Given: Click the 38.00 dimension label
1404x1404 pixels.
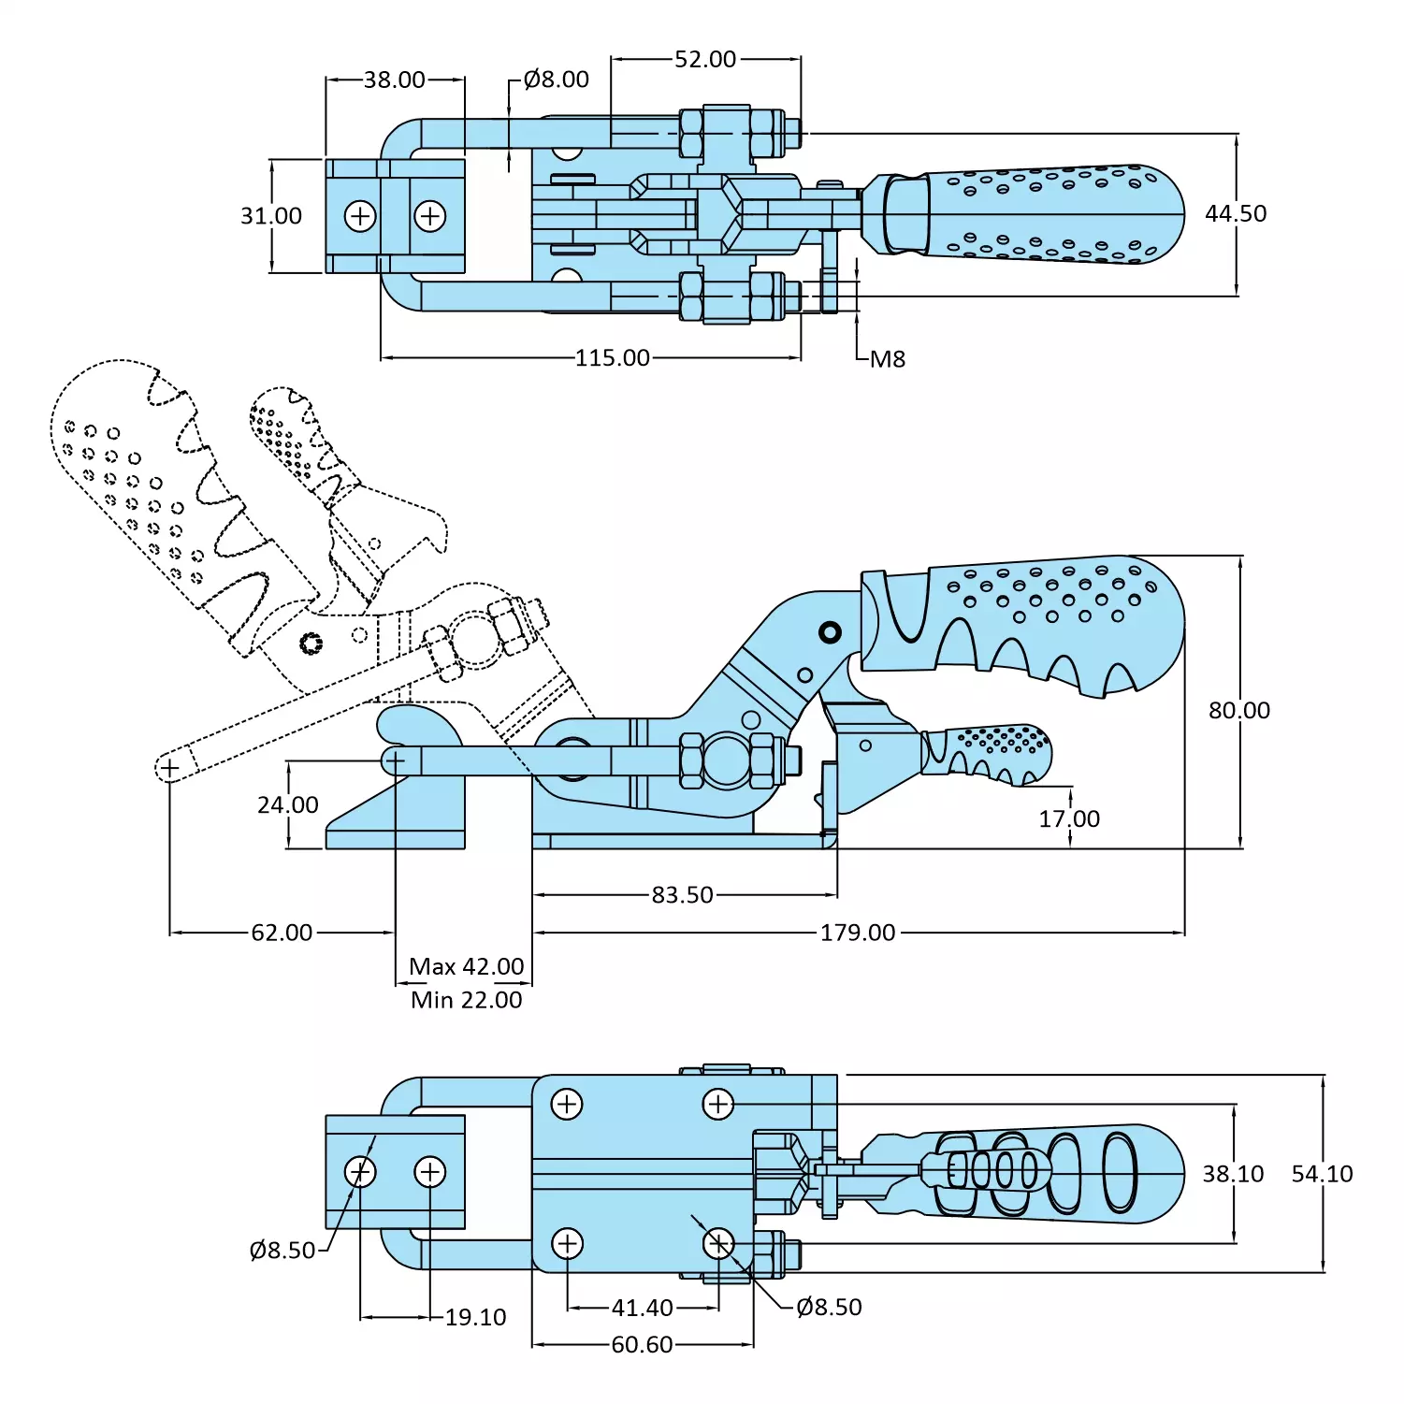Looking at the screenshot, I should [394, 80].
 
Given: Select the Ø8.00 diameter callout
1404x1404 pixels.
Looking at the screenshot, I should [556, 80].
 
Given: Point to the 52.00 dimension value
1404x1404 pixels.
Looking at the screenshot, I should [705, 59].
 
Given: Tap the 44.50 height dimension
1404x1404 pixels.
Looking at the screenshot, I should [1235, 213].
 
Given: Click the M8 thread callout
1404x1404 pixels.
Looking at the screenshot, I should [887, 359].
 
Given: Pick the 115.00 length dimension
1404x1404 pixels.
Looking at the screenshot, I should [612, 357].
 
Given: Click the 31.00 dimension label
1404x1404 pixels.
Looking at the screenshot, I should [271, 216].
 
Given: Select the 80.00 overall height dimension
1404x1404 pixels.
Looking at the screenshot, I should [1238, 710].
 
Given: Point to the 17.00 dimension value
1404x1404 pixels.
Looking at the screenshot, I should [1069, 818].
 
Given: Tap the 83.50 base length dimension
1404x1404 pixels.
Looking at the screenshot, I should [682, 895].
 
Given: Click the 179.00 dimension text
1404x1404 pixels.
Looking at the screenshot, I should [857, 933].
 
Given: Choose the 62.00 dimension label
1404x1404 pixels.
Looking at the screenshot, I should [282, 933].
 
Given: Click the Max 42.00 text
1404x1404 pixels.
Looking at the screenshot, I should [466, 966].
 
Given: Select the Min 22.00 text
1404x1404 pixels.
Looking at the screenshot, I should [466, 1000].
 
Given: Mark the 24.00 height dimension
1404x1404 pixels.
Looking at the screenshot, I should [288, 804].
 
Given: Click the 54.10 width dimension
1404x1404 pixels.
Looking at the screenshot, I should [1322, 1174].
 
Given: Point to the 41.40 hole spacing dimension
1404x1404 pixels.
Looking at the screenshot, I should [642, 1308].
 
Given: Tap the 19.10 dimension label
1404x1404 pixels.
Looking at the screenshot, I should [475, 1317].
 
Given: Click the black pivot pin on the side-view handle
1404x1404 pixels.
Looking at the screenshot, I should [829, 632].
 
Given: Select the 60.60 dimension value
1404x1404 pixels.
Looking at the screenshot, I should [642, 1344].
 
